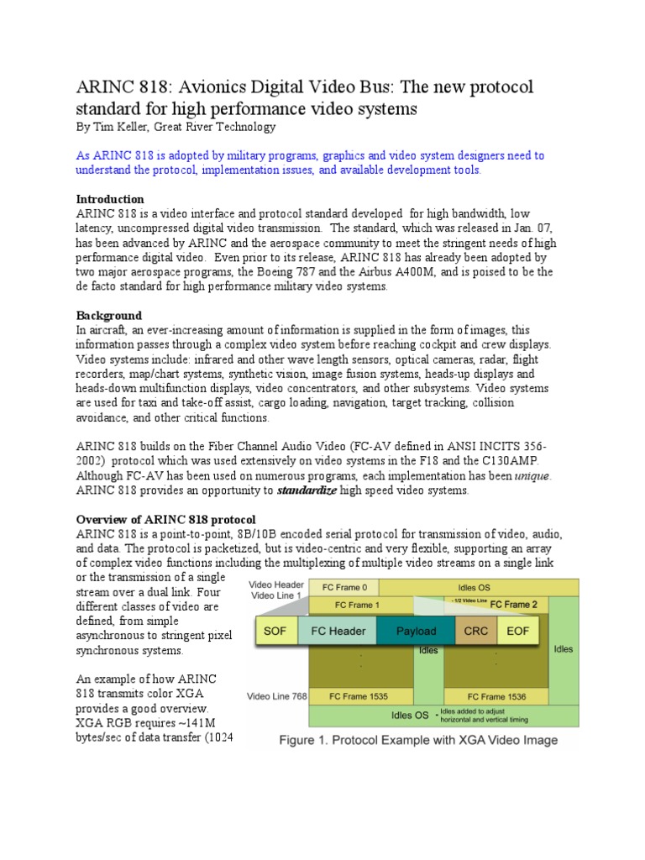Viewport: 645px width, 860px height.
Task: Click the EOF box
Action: [519, 630]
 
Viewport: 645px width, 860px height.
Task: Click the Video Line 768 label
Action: [276, 696]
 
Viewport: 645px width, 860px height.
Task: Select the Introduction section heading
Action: [110, 199]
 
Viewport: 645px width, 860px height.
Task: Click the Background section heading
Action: [107, 315]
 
